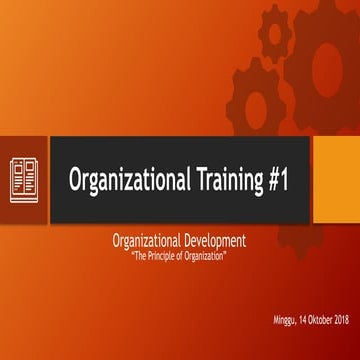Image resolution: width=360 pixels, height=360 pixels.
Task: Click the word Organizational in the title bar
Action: click(126, 180)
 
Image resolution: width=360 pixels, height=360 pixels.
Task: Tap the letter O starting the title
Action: click(75, 180)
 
